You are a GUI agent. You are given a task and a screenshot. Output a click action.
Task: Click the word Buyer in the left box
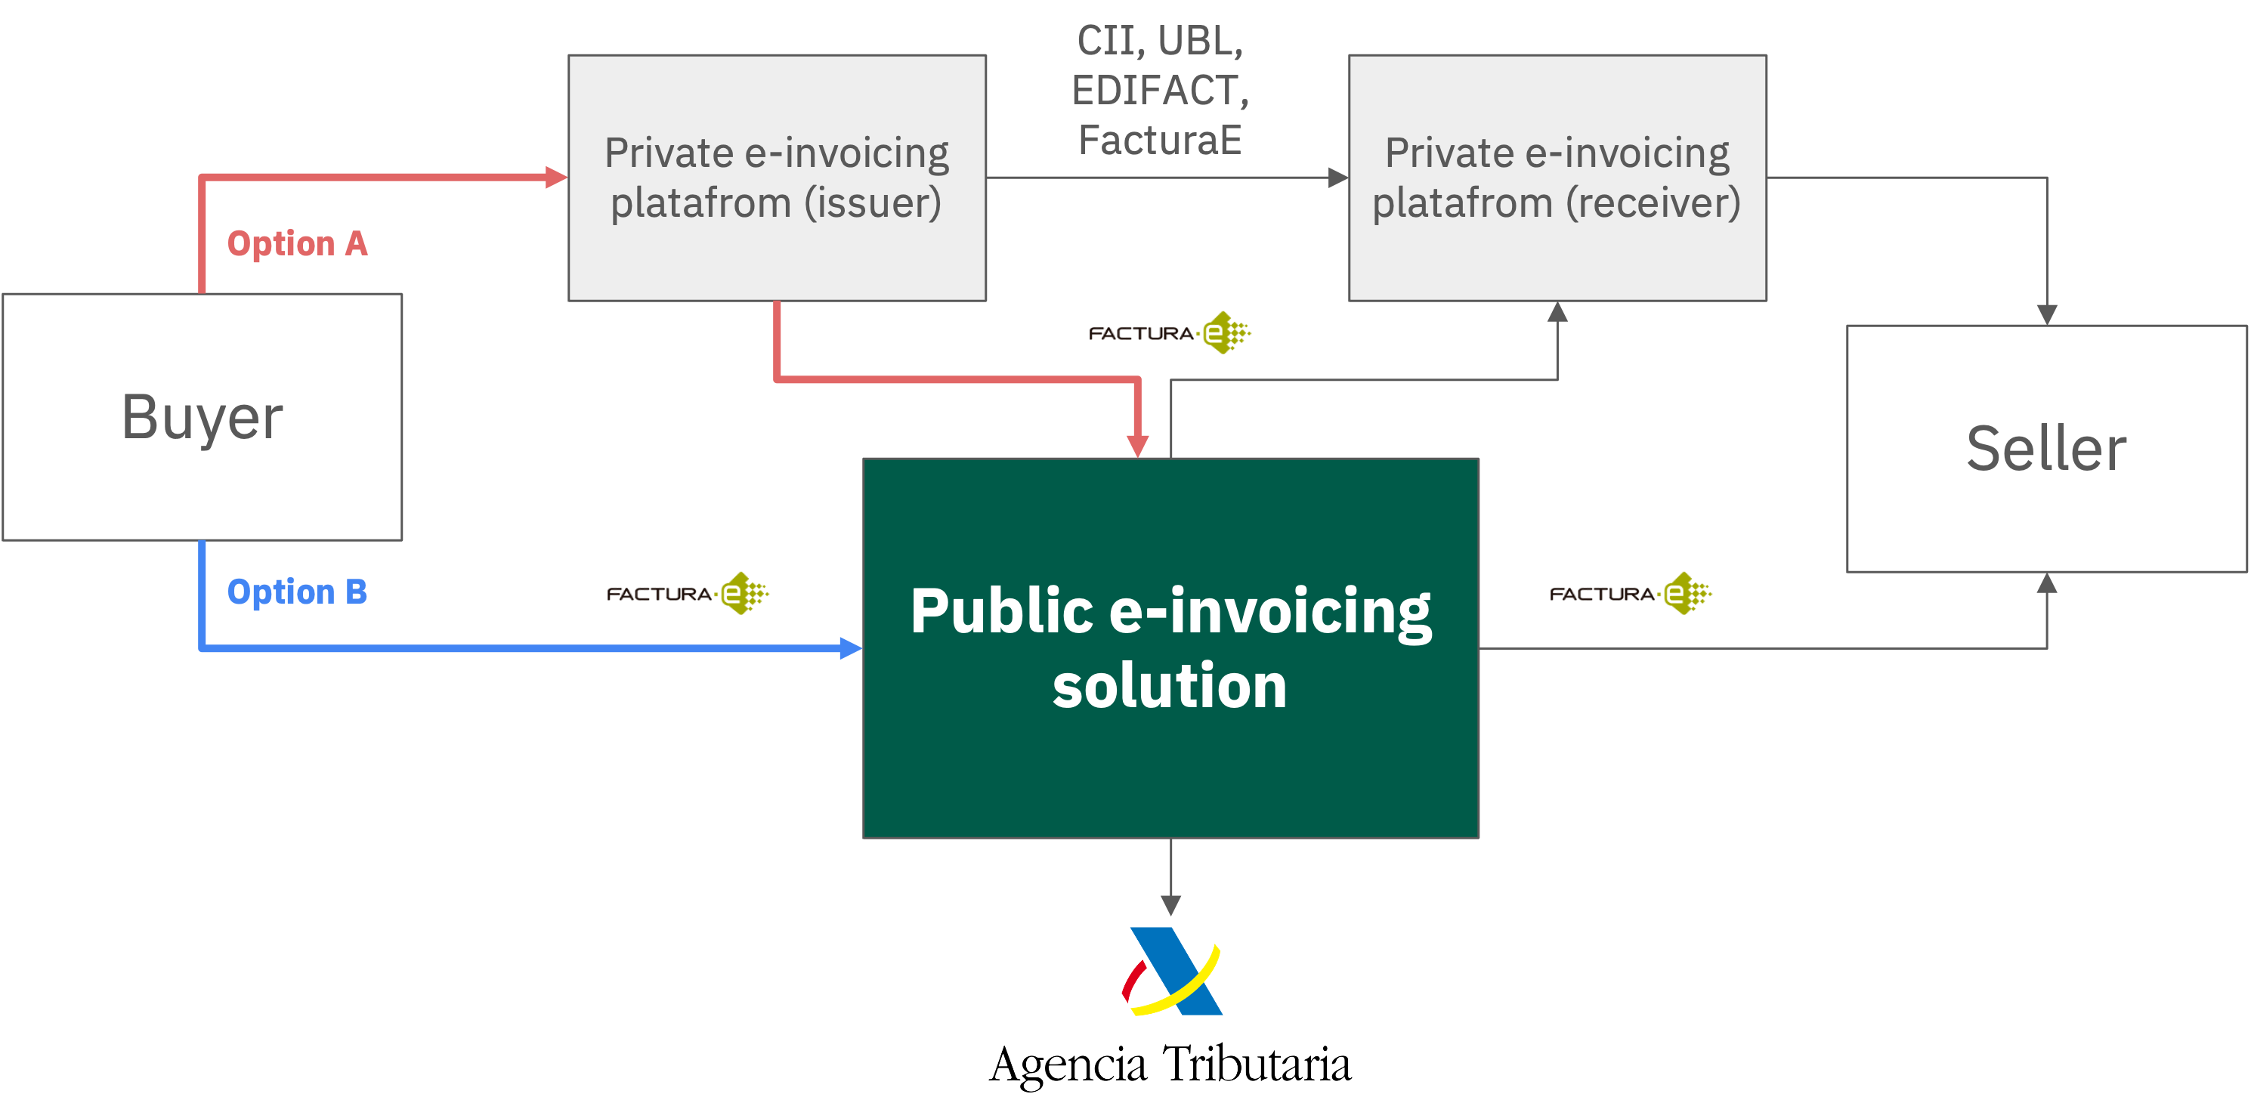202,418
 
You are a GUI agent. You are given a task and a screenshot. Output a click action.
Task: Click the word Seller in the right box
2045,449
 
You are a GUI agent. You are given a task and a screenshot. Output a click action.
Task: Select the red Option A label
297,244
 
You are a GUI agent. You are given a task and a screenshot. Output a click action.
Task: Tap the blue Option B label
297,592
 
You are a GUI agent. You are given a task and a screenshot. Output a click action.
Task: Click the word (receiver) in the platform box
1653,202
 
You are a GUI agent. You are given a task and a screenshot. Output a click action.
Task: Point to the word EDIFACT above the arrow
1160,90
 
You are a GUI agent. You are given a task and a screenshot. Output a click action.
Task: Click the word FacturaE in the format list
1160,140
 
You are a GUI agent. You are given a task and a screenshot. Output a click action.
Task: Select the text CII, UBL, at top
1160,40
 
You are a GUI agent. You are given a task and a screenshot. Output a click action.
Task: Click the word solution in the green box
1169,686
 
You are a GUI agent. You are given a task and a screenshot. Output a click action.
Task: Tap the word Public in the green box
1001,610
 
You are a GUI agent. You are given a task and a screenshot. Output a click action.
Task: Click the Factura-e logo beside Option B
688,594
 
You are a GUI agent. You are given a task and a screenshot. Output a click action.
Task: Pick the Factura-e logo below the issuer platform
1170,332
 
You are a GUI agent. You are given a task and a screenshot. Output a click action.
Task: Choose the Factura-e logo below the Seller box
1631,594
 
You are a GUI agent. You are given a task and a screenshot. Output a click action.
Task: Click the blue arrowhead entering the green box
850,648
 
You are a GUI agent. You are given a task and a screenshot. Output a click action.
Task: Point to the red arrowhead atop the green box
1137,446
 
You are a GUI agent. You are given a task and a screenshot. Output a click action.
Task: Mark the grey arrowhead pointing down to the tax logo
1171,905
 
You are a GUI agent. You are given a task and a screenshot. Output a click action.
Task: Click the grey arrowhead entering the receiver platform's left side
1338,178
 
